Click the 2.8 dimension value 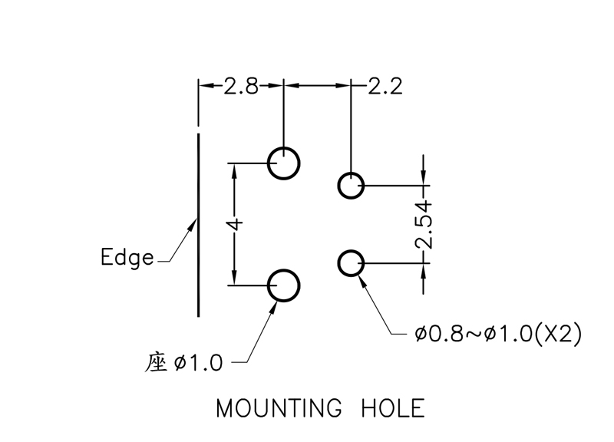click(x=241, y=85)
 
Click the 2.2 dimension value click(x=385, y=85)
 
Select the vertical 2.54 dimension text click(x=424, y=225)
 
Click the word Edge click(x=127, y=256)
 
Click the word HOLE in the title click(x=392, y=408)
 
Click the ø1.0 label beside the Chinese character click(x=199, y=361)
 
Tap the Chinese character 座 click(x=156, y=361)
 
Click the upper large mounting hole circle click(x=283, y=163)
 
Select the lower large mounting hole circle click(x=283, y=285)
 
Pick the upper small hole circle click(x=352, y=186)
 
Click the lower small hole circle click(x=352, y=263)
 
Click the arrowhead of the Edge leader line click(x=193, y=226)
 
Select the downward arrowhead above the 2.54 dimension click(x=423, y=178)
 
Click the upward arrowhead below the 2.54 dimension click(x=423, y=270)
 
